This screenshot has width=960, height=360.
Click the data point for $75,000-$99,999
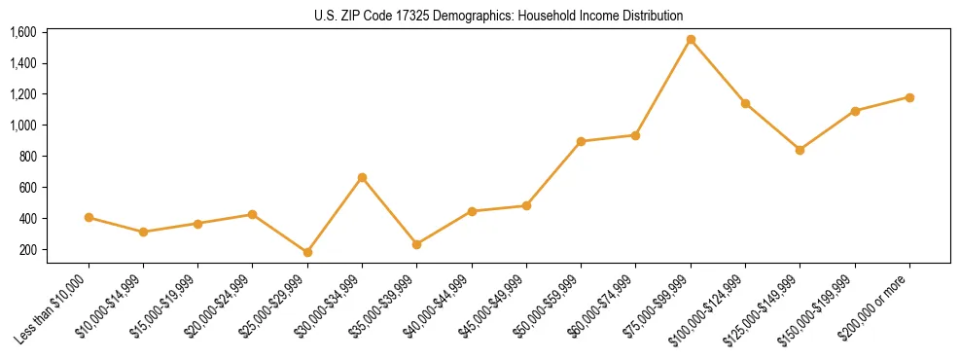pos(691,40)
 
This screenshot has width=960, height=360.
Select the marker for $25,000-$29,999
pos(307,252)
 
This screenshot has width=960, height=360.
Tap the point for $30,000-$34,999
pos(362,177)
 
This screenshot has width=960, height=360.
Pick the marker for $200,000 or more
pos(909,97)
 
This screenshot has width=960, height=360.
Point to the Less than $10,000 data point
pos(89,218)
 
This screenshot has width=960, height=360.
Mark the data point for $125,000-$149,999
pos(800,150)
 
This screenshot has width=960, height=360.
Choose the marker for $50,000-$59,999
pos(581,141)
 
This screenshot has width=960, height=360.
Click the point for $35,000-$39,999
pos(416,244)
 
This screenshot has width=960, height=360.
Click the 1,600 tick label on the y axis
pos(23,32)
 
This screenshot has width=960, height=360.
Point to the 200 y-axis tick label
pos(28,250)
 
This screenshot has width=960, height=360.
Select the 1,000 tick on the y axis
pos(23,126)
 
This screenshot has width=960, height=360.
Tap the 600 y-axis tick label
pos(28,188)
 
